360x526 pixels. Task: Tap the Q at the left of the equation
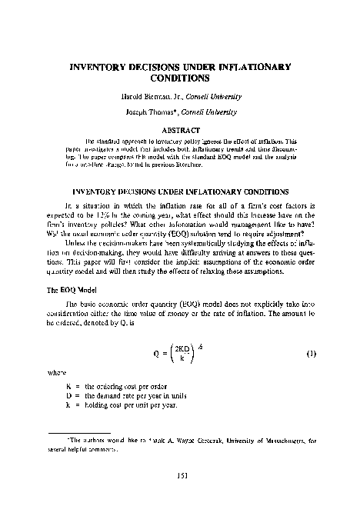(157, 331)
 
